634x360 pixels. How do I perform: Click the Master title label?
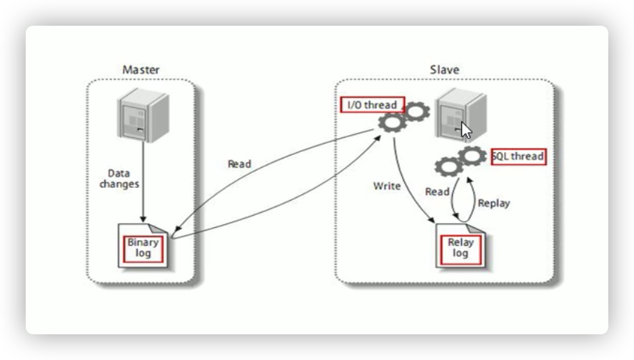tap(141, 70)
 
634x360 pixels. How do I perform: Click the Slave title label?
tap(444, 70)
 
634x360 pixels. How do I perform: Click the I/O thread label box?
tap(372, 105)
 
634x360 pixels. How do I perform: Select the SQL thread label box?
tap(519, 156)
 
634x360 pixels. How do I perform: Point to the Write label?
tap(387, 186)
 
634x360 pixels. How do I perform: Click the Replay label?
tap(494, 203)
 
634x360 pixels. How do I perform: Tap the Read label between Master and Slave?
tap(239, 164)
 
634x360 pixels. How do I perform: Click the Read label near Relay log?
tap(437, 191)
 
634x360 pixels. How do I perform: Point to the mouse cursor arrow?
tap(466, 131)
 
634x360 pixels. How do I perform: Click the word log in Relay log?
tap(461, 254)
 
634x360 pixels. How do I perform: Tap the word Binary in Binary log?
tap(143, 242)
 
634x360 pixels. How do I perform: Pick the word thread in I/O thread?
tap(381, 105)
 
